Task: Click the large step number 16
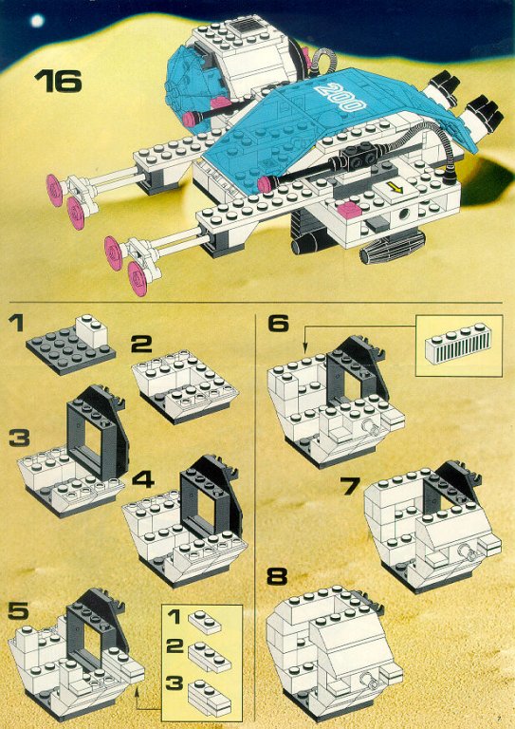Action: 58,81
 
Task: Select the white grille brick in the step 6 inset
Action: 458,346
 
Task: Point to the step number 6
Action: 279,323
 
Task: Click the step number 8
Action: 277,576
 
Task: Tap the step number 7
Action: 350,485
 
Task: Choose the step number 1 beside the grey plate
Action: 17,323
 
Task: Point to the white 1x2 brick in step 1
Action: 91,330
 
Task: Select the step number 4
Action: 143,478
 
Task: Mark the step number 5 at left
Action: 18,611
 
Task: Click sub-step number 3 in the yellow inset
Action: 175,683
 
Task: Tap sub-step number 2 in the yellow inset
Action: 175,645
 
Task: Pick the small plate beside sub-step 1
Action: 204,622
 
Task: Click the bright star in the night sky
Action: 37,20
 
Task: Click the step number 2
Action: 142,345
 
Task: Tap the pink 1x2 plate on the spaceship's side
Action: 350,210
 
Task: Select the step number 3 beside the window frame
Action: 19,438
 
